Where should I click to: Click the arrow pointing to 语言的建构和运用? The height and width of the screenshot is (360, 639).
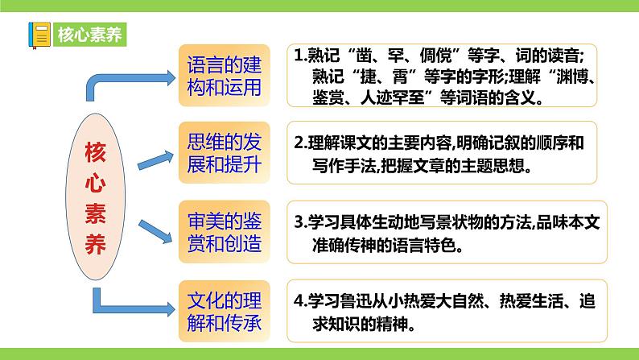pyautogui.click(x=129, y=81)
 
